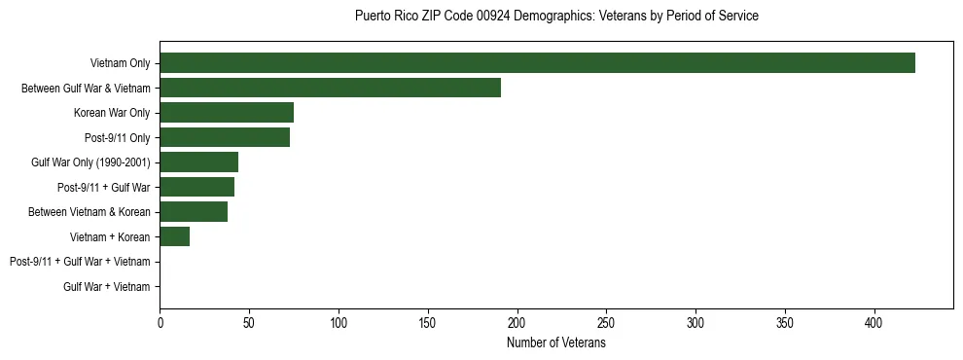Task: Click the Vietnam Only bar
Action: point(537,63)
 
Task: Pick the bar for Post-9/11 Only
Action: point(225,137)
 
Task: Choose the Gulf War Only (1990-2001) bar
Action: point(198,162)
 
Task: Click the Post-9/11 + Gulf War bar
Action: point(196,187)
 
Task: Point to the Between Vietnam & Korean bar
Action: point(194,212)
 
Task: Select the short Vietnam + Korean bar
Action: point(174,236)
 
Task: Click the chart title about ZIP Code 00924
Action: point(556,17)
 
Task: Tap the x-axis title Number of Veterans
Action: point(556,343)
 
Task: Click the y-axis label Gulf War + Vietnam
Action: point(107,287)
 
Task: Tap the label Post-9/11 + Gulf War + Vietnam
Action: point(80,262)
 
